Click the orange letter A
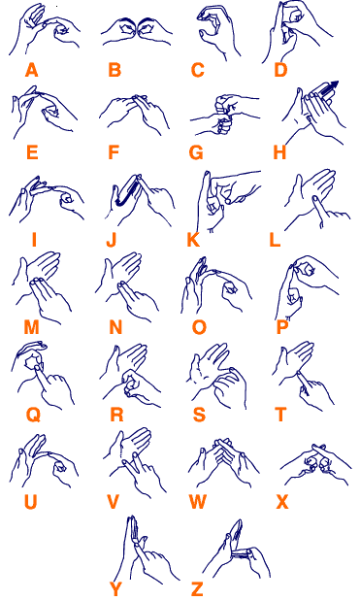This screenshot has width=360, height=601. tap(32, 70)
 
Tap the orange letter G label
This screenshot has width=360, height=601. tap(196, 152)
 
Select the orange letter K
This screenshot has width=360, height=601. tap(193, 241)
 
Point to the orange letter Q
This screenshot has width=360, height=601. tap(33, 416)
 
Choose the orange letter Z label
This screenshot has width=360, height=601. tap(197, 589)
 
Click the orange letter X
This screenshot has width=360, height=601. tap(282, 502)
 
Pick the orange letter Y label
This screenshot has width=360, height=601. tap(115, 589)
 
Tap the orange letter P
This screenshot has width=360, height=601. tap(281, 328)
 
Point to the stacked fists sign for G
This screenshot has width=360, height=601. tap(224, 115)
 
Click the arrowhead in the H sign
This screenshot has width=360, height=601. tap(334, 84)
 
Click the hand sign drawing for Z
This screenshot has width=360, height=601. tap(237, 549)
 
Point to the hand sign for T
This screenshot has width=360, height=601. tap(304, 376)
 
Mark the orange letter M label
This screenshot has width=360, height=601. tap(31, 328)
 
